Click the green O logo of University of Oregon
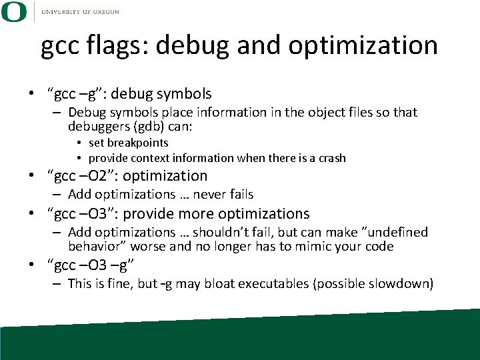[14, 11]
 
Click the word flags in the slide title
[115, 45]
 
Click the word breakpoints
[139, 143]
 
